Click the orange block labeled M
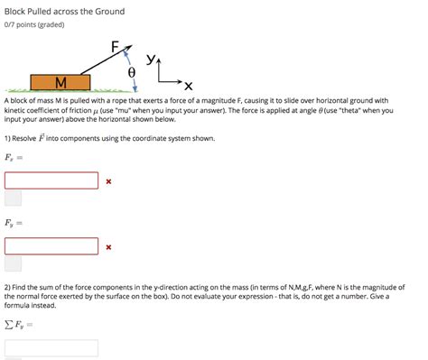60,82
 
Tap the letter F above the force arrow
115,47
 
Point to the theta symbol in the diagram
132,72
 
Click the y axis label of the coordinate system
151,59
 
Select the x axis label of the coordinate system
189,86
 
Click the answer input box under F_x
51,180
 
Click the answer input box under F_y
51,246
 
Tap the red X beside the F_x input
108,181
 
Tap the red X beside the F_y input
108,247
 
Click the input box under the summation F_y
51,348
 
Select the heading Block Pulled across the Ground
64,12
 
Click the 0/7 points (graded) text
34,24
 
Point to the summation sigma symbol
9,324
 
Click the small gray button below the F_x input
13,198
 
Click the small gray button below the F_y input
13,263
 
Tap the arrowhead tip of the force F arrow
132,46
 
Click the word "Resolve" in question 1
24,138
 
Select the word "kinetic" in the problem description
14,110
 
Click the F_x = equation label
14,157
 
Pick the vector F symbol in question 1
42,138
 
